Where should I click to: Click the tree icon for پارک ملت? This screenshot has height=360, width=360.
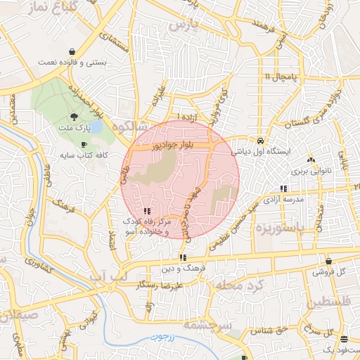click(75, 117)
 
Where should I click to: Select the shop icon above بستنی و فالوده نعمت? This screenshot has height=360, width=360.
click(73, 51)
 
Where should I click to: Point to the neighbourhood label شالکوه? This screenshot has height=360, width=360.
click(133, 127)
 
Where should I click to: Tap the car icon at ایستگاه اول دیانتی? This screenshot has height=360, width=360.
click(261, 139)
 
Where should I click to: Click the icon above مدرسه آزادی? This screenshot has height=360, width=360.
click(283, 188)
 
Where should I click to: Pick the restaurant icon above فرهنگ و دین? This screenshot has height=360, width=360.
click(183, 257)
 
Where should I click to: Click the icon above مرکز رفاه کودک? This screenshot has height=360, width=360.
click(146, 211)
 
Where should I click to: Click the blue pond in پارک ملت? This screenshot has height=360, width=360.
click(97, 128)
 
